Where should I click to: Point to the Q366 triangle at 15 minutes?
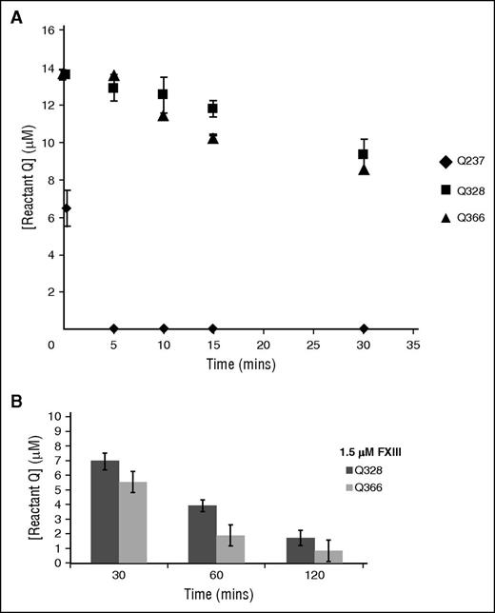tap(213, 139)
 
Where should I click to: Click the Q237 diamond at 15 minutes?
tap(213, 328)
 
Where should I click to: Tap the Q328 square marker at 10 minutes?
tap(163, 94)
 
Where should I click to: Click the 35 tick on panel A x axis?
tap(412, 345)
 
